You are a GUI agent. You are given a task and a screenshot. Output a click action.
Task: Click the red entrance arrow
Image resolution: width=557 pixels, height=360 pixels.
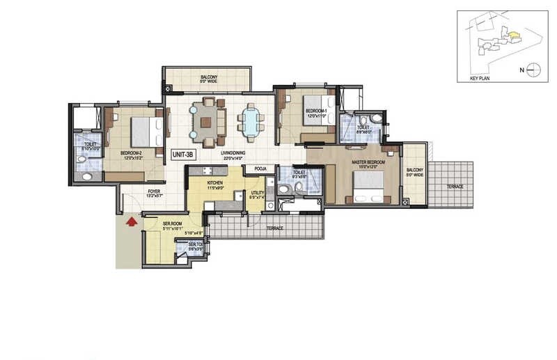[x=129, y=222]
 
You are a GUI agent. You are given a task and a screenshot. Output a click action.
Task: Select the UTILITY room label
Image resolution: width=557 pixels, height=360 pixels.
[x=258, y=194]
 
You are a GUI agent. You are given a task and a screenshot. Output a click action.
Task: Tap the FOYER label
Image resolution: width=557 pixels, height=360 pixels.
[x=155, y=192]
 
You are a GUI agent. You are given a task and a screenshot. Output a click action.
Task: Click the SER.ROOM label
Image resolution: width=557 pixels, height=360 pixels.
[x=152, y=224]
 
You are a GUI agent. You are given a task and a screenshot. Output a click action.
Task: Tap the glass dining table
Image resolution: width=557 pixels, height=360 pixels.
[x=249, y=123]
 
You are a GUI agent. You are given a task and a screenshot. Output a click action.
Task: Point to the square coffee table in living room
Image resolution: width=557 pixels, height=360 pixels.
[x=206, y=123]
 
